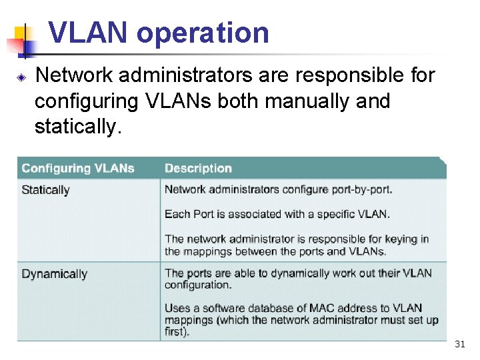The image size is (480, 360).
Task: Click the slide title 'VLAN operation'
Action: click(x=159, y=33)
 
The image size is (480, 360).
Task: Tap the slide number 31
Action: click(x=459, y=345)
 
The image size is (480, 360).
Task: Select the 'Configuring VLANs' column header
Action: click(x=77, y=168)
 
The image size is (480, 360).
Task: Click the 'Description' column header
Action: click(x=198, y=168)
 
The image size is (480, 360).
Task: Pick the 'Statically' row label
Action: click(x=45, y=190)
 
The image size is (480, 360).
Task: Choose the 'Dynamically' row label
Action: click(x=54, y=274)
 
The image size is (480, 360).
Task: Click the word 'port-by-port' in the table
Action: click(x=361, y=189)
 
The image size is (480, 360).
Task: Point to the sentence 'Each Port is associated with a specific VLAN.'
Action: click(x=277, y=214)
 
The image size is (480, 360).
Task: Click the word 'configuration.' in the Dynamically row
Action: click(x=198, y=285)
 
